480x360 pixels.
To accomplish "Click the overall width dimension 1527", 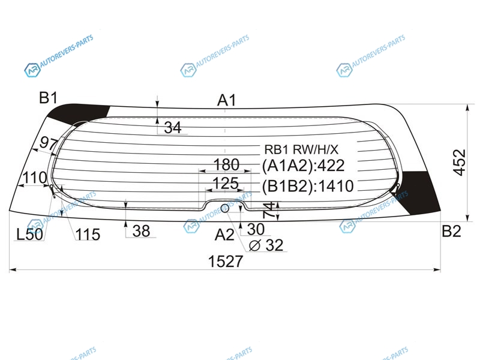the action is [x=226, y=262].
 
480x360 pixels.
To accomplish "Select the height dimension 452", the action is [x=459, y=163].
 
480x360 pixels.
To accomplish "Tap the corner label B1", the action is [x=49, y=98].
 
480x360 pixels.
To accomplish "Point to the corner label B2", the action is [x=451, y=231].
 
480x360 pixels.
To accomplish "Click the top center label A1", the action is [x=227, y=100].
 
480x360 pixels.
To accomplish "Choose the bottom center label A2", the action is [x=224, y=235].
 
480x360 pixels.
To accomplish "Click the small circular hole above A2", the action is [x=225, y=208].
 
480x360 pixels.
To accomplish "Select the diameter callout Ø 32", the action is [x=266, y=245].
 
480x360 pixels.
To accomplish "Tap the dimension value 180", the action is [x=226, y=164].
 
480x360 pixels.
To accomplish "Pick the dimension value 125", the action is [x=226, y=184].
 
